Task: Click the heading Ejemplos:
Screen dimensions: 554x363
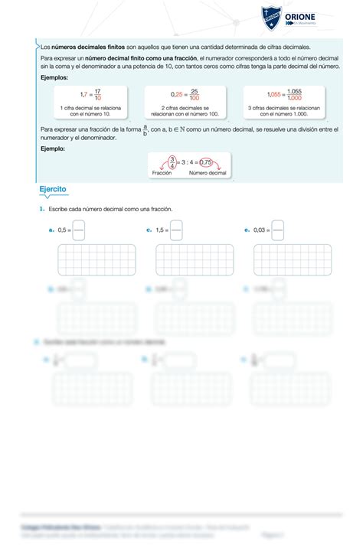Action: tap(54, 78)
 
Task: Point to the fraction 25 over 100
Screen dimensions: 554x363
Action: tap(195, 94)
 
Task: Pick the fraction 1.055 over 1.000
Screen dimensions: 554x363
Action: tap(295, 94)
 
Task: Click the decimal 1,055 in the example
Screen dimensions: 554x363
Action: tap(274, 94)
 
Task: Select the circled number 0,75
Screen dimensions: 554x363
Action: tap(204, 161)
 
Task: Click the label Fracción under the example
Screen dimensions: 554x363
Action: tap(162, 174)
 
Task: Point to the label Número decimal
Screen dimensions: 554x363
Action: tap(208, 174)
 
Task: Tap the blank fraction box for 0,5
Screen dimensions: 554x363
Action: tap(79, 229)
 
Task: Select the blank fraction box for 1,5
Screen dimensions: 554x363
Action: tap(177, 229)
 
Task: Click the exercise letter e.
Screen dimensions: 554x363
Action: tap(247, 229)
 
